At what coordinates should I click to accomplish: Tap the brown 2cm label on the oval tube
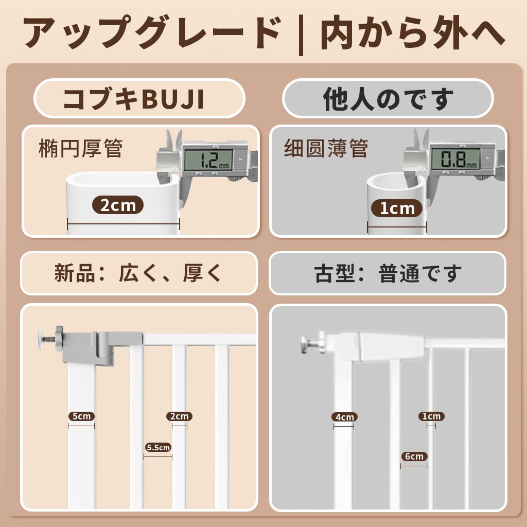[118, 205]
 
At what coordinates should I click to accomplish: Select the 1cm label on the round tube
[397, 208]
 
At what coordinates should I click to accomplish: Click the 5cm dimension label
[81, 416]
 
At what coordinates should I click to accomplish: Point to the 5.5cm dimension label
[157, 447]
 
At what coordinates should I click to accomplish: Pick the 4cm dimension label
[344, 417]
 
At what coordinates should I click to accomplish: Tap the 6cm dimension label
[414, 456]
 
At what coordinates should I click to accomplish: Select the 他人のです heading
[389, 99]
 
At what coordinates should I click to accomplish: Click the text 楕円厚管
[81, 149]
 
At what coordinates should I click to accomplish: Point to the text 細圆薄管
[326, 149]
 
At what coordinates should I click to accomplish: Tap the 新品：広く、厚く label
[138, 273]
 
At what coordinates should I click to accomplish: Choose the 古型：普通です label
[389, 273]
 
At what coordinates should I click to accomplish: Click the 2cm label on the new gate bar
[180, 416]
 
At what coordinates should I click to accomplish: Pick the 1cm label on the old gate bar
[431, 416]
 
